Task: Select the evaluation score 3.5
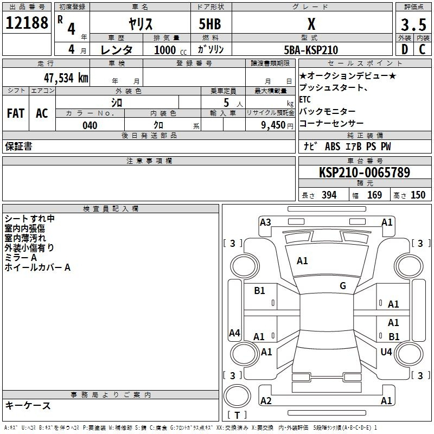tap(412, 25)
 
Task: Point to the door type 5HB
tap(210, 24)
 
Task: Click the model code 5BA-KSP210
tap(311, 50)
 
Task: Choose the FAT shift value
tap(15, 113)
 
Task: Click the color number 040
tap(90, 125)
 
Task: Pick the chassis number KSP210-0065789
tap(365, 173)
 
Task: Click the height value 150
tap(418, 195)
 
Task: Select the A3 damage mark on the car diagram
tap(265, 222)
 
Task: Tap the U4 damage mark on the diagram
tap(386, 352)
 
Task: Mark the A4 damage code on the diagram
tap(234, 333)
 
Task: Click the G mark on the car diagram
tap(343, 286)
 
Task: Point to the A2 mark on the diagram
tap(266, 400)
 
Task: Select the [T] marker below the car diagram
tap(237, 415)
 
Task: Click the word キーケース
tap(28, 406)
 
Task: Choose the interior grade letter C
tap(422, 49)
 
